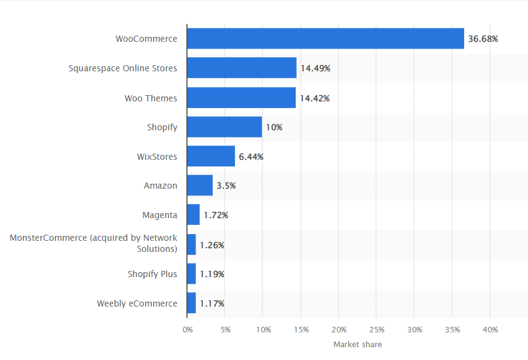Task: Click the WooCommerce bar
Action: point(325,39)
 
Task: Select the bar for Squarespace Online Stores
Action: point(242,68)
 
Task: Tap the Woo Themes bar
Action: point(241,98)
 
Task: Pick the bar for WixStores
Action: point(211,157)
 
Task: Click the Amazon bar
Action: point(200,186)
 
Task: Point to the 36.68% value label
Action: point(483,39)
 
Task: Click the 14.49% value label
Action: point(315,68)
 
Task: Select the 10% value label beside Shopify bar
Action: point(274,127)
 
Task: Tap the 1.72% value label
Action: point(216,215)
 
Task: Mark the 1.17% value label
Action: point(212,303)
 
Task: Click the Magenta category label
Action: point(160,215)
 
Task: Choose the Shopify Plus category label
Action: point(152,274)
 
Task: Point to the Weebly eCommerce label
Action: point(137,303)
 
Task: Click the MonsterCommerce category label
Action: point(93,243)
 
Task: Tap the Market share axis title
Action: point(357,345)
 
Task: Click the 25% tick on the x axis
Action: point(376,330)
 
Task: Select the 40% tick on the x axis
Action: point(490,330)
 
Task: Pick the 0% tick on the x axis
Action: point(187,330)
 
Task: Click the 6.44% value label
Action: point(251,157)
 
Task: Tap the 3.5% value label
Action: point(226,186)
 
